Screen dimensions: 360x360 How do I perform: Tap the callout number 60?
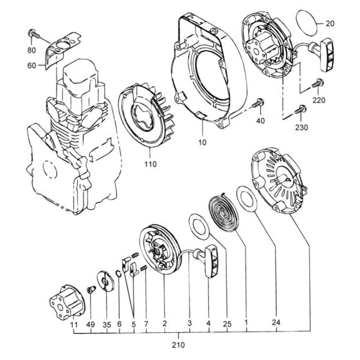pos(32,65)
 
